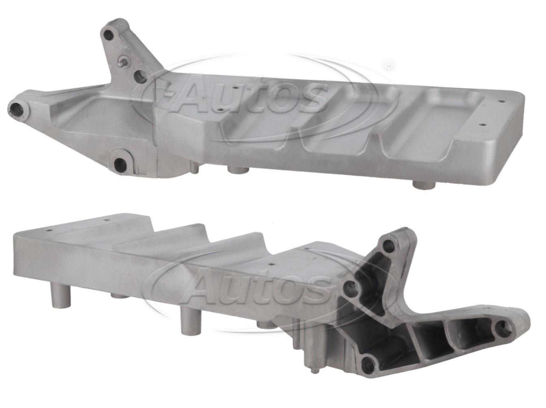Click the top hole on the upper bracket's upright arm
pyautogui.click(x=109, y=35)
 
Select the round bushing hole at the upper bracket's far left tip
pyautogui.click(x=18, y=110)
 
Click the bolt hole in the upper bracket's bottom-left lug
pyautogui.click(x=121, y=163)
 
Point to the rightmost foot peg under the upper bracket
pyautogui.click(x=424, y=185)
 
